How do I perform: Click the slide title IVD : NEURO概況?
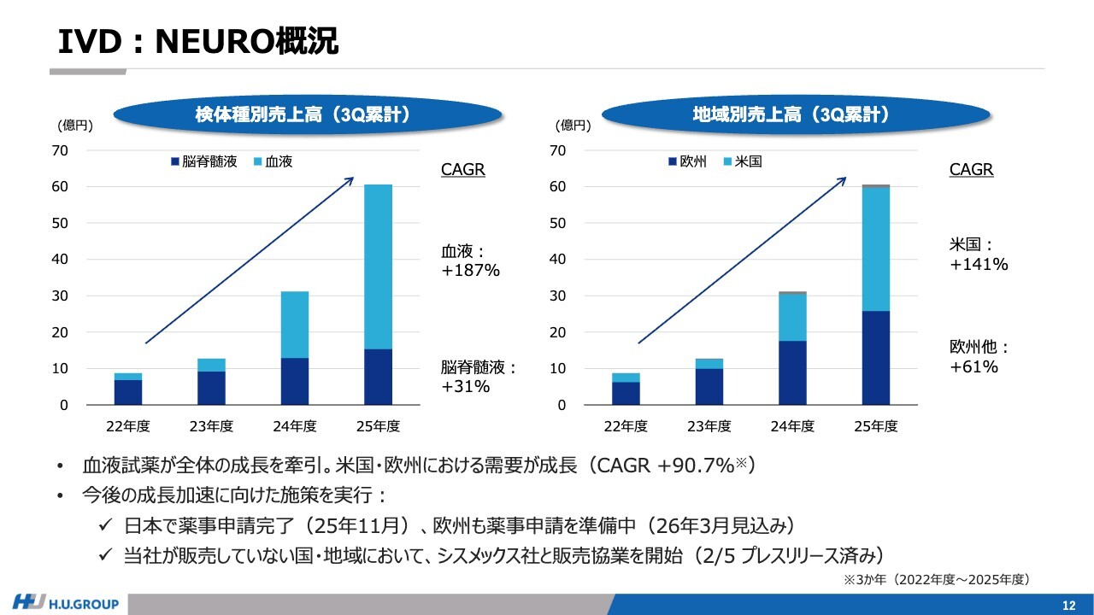[197, 40]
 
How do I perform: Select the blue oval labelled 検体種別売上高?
[307, 115]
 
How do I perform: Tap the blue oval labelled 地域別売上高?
[797, 115]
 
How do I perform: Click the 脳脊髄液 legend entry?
[204, 161]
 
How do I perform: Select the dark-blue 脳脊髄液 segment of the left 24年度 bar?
[294, 381]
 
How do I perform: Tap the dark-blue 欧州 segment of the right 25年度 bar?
[875, 358]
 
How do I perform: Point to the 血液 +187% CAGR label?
[470, 261]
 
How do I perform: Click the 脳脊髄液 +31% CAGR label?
[479, 377]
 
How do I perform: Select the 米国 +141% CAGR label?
[979, 255]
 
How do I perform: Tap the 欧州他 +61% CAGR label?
[979, 357]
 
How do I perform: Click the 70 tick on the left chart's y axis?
[60, 151]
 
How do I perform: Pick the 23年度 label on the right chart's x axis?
[709, 426]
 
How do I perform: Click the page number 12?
[1068, 605]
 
